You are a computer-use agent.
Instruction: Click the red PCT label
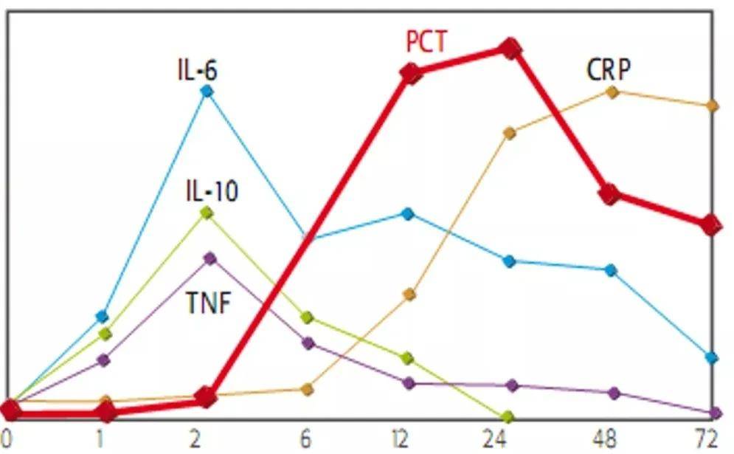(x=426, y=41)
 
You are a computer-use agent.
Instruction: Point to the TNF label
(x=209, y=303)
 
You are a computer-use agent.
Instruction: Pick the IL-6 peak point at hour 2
(x=207, y=92)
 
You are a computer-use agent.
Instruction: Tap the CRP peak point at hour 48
(x=612, y=92)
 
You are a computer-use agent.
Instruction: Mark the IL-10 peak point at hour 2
(x=207, y=213)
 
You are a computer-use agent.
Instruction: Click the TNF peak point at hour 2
(x=210, y=258)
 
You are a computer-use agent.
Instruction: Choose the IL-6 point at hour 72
(x=712, y=358)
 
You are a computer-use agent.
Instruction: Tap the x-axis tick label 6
(x=305, y=439)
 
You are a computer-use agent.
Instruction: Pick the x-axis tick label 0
(x=9, y=439)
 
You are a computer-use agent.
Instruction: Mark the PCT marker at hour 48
(x=609, y=195)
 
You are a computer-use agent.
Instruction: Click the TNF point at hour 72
(x=714, y=413)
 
